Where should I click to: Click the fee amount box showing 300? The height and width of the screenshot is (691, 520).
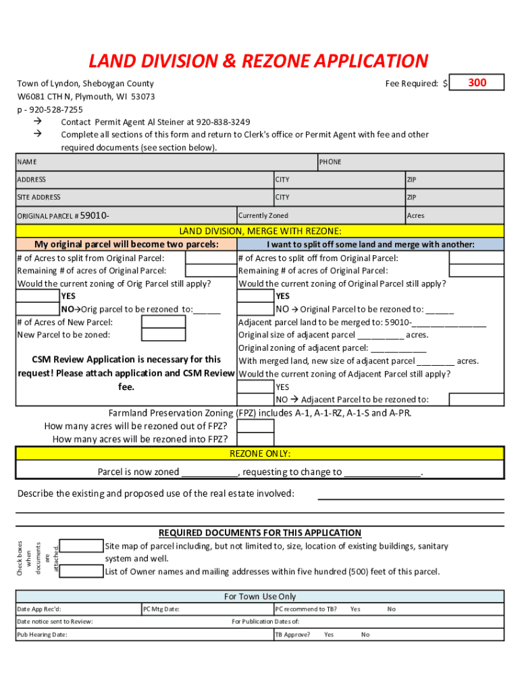coord(477,83)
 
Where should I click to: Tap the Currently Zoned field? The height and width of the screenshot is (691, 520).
coord(320,215)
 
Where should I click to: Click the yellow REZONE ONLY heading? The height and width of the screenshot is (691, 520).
coord(260,453)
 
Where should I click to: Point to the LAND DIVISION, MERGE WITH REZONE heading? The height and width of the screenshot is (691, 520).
coord(260,231)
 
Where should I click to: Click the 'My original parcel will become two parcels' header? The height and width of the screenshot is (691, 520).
coord(126,244)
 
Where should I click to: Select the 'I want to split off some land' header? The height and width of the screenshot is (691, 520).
coord(370,244)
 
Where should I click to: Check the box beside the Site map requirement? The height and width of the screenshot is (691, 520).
coord(82,546)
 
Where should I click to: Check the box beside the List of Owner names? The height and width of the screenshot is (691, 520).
coord(82,572)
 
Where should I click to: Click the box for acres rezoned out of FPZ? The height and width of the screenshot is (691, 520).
coord(256,426)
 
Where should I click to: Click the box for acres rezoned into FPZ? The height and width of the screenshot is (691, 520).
coord(256,439)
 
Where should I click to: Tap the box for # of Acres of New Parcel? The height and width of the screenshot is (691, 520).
coord(163,322)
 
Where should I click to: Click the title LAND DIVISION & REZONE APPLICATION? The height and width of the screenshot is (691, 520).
coord(259,61)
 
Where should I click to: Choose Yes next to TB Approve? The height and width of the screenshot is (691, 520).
coord(329,634)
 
